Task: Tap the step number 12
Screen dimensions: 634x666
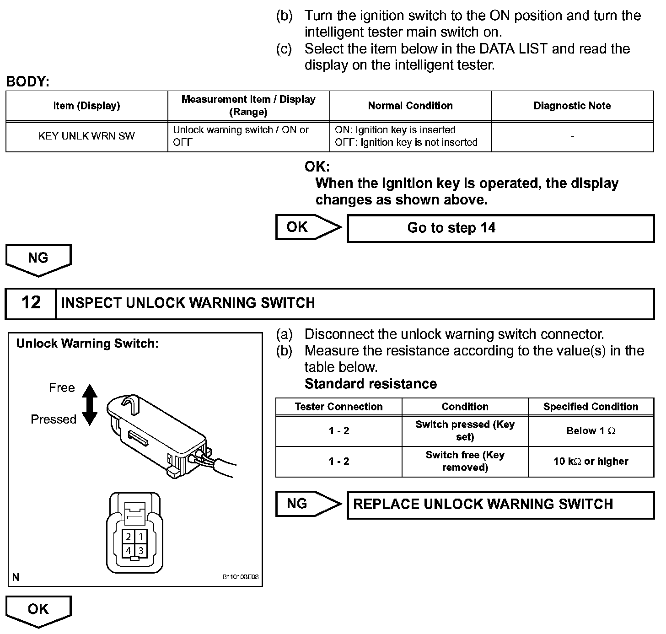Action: (x=31, y=303)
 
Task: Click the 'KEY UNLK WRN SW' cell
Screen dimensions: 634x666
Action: (x=86, y=136)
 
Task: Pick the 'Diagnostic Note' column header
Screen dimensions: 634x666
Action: (x=572, y=106)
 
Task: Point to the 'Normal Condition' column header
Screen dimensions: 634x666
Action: (x=410, y=106)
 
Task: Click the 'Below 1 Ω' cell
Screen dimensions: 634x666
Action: (x=591, y=431)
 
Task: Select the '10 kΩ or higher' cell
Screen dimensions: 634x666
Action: (x=591, y=462)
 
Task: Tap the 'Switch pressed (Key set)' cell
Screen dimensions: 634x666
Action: (x=465, y=431)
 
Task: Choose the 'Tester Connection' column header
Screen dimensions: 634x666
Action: (x=338, y=407)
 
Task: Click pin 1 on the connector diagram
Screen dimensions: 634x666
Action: (x=141, y=537)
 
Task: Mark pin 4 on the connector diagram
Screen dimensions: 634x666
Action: (x=129, y=551)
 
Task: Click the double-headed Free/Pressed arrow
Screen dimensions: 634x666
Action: (x=90, y=404)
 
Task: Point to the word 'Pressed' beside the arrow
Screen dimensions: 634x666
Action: (x=54, y=419)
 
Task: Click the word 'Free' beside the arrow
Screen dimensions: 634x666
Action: (x=62, y=388)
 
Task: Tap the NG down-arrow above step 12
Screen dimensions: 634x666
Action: (x=38, y=259)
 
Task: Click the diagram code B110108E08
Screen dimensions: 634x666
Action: (x=241, y=577)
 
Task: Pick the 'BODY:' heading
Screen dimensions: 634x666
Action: (x=27, y=82)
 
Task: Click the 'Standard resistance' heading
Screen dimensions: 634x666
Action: (x=371, y=384)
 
